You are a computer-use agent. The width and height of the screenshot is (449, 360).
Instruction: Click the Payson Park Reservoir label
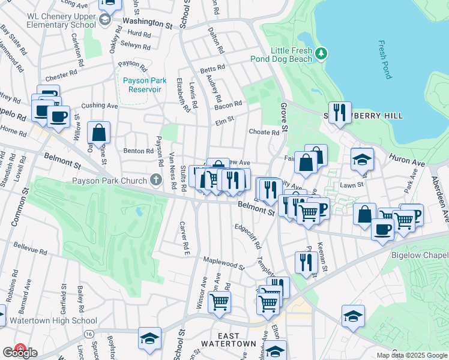coord(142,85)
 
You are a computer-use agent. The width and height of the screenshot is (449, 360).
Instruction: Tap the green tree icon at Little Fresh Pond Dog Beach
coord(322,54)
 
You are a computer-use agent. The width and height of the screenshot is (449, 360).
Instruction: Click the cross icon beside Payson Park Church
coord(155,179)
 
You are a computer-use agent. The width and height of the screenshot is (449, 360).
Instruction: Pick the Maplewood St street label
coord(224,263)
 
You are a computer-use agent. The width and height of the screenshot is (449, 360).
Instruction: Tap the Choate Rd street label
coord(264,132)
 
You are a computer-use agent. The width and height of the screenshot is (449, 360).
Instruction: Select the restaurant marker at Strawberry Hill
coord(340,112)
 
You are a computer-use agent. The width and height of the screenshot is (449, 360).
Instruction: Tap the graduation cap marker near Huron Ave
coord(362,160)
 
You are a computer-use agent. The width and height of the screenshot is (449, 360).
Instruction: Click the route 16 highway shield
coord(89,334)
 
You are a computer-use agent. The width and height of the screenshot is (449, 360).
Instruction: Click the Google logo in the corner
coord(19,352)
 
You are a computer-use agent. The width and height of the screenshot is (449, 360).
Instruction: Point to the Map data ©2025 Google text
coord(412,355)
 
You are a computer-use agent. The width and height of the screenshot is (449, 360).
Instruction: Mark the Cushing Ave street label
coord(100,106)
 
